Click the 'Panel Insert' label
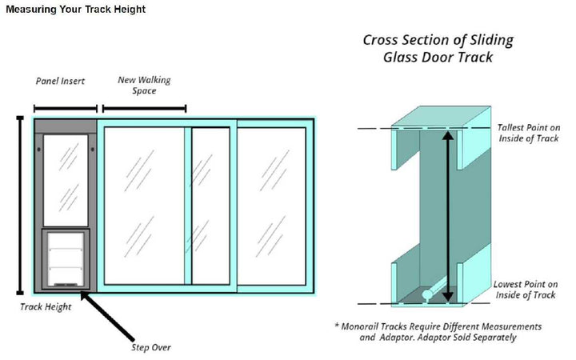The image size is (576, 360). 60,81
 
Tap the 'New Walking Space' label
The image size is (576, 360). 144,85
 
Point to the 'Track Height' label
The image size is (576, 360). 46,306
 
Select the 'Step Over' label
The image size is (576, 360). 151,347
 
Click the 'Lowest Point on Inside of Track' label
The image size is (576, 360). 526,290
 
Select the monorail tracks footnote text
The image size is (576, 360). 438,332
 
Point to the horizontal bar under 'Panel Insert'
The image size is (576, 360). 65,108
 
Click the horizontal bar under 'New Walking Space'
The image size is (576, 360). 142,108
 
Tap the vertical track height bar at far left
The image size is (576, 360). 20,205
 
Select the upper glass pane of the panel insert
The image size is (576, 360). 66,179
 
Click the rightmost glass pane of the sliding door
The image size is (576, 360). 271,205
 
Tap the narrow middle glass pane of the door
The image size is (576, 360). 211,205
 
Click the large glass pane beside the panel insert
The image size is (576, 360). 144,205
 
